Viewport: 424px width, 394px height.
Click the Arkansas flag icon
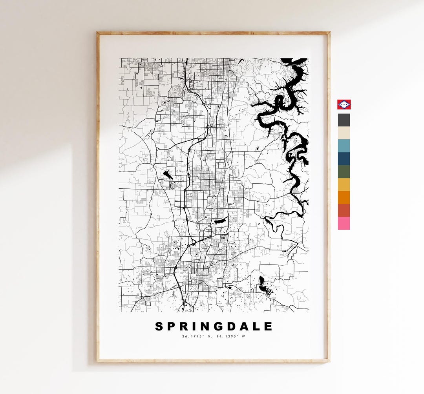(x=344, y=104)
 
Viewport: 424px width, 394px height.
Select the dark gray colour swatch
(x=344, y=120)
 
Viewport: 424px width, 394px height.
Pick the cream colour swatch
(x=344, y=133)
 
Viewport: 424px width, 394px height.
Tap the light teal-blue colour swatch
(x=344, y=146)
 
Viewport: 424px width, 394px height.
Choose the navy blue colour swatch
(x=344, y=159)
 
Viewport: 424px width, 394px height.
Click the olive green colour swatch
(x=344, y=171)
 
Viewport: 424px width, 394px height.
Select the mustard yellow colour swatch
(x=344, y=184)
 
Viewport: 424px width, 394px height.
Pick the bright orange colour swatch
(x=344, y=197)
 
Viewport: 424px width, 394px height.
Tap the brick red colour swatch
(x=344, y=210)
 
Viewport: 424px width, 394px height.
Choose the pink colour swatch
(x=344, y=223)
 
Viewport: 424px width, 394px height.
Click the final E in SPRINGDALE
(x=268, y=327)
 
